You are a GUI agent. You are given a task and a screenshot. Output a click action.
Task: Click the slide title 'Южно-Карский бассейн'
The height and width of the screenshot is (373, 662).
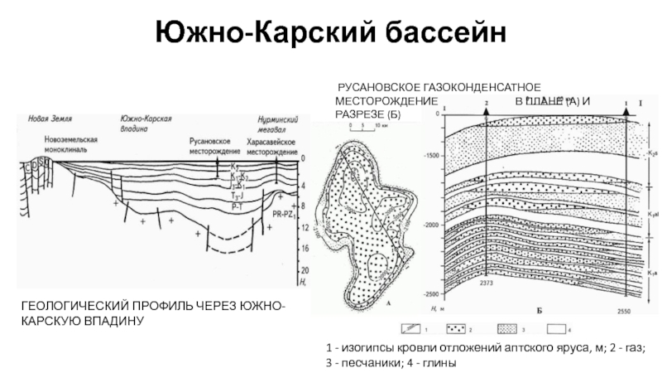coord(330,34)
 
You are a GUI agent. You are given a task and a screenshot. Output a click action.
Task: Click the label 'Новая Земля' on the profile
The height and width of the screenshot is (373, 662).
coord(45,119)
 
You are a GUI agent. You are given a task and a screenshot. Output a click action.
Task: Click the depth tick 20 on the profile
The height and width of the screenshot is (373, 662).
coord(305,271)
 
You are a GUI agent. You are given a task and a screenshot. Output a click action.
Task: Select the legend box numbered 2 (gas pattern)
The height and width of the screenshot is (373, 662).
coord(457,329)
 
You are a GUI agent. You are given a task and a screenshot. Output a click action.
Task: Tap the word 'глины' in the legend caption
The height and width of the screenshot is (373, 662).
coord(437,364)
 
